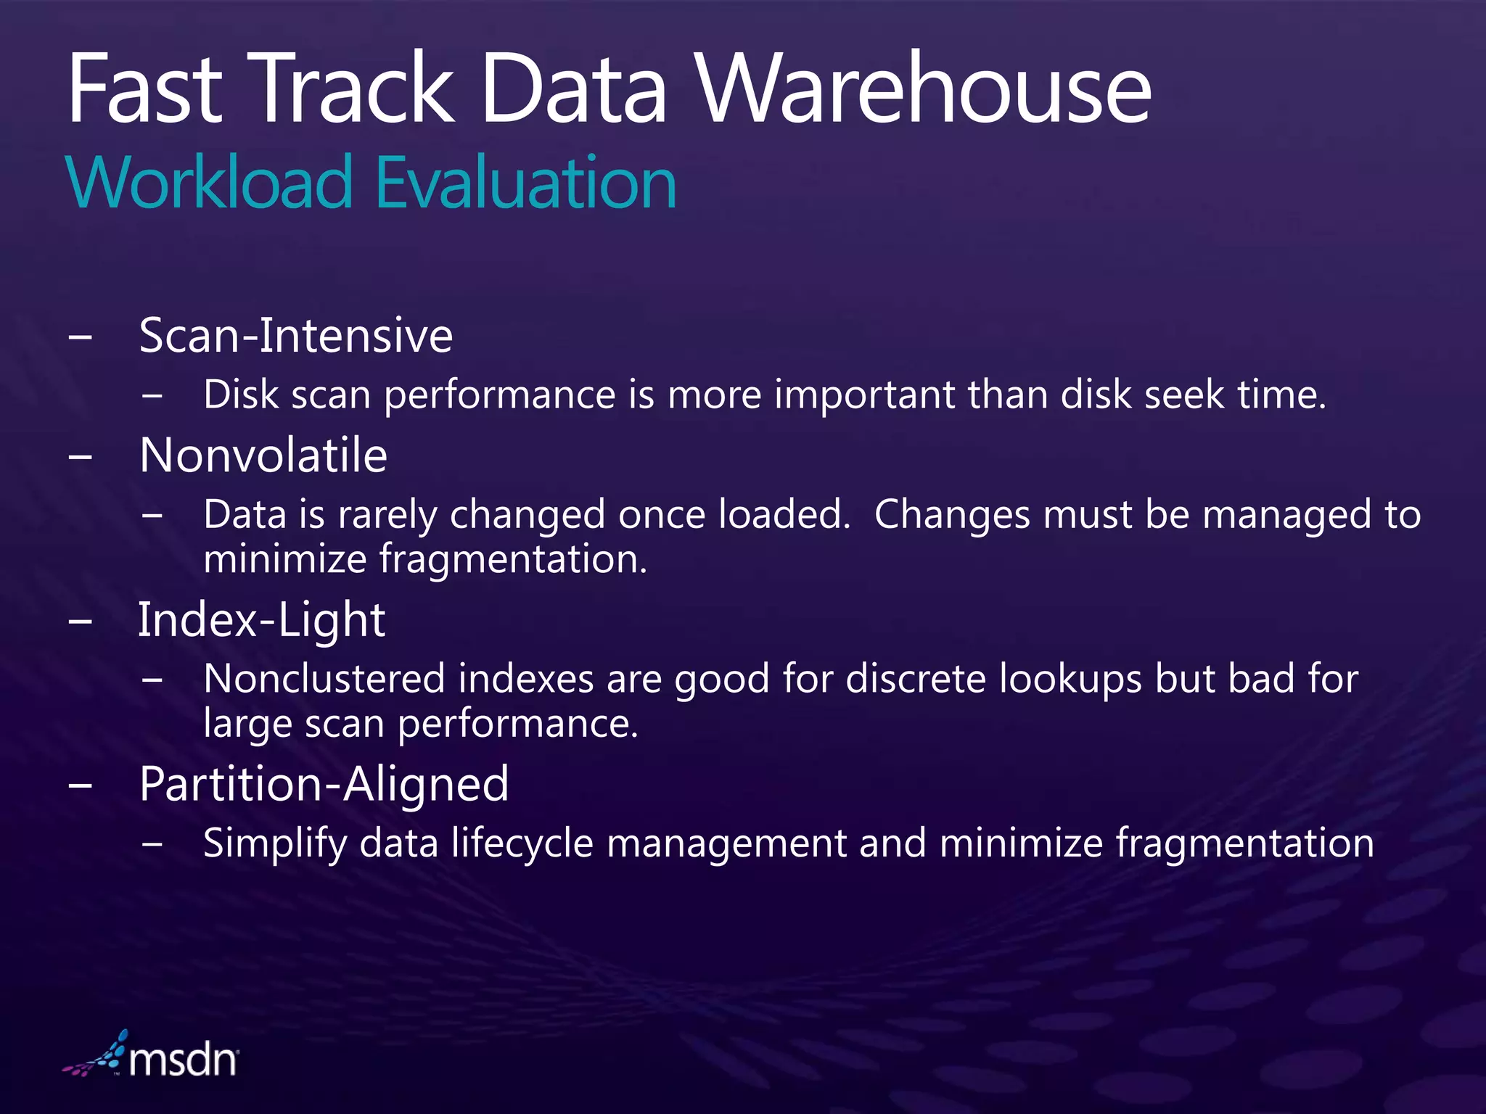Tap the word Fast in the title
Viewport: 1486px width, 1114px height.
tap(144, 90)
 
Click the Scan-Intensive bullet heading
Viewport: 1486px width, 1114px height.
tap(295, 336)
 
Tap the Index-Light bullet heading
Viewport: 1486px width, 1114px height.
tap(261, 620)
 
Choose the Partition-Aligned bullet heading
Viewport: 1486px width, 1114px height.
tap(324, 784)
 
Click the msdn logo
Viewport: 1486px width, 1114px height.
tap(152, 1059)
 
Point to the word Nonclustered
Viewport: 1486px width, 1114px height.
tap(324, 680)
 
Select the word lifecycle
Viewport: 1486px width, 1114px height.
tap(522, 844)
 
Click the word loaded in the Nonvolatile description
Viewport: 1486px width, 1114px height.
tap(784, 515)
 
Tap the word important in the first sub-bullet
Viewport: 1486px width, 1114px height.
tap(864, 395)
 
